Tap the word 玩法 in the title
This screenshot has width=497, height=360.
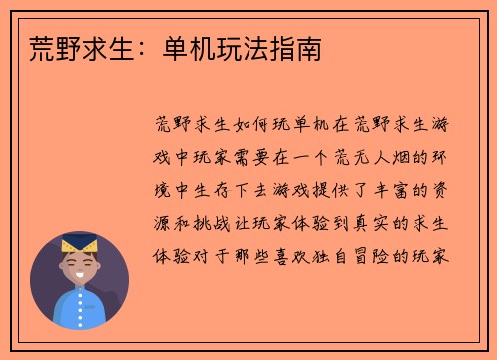click(x=249, y=49)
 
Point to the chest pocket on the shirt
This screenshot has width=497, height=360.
click(x=97, y=315)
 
